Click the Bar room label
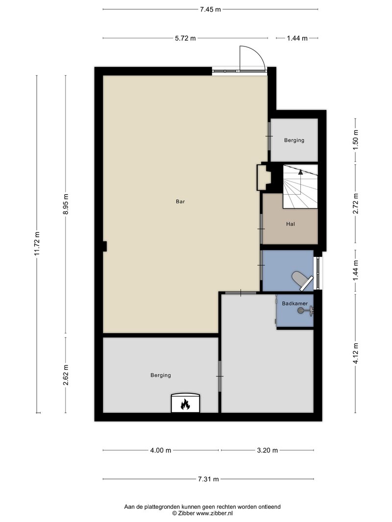tap(180, 202)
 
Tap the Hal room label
tap(291, 224)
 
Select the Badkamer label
tap(294, 304)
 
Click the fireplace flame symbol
tap(185, 404)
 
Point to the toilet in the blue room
tap(302, 281)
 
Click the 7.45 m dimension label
tap(210, 9)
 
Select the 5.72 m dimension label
tap(185, 38)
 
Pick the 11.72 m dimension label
tap(37, 244)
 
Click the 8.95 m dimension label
tap(65, 204)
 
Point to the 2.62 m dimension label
tap(65, 375)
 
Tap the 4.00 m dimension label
tap(161, 451)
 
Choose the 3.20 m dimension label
tap(268, 451)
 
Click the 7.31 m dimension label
tap(208, 479)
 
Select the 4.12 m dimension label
tap(355, 354)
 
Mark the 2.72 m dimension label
tap(355, 204)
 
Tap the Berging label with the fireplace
tap(161, 375)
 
